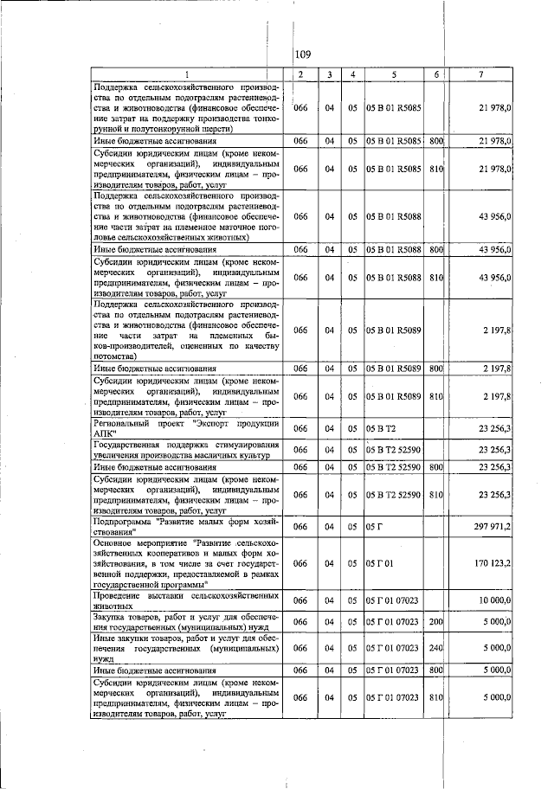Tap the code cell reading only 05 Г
pyautogui.click(x=374, y=526)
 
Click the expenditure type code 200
pyautogui.click(x=436, y=622)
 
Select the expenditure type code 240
pyautogui.click(x=436, y=647)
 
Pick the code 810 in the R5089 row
pyautogui.click(x=436, y=397)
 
